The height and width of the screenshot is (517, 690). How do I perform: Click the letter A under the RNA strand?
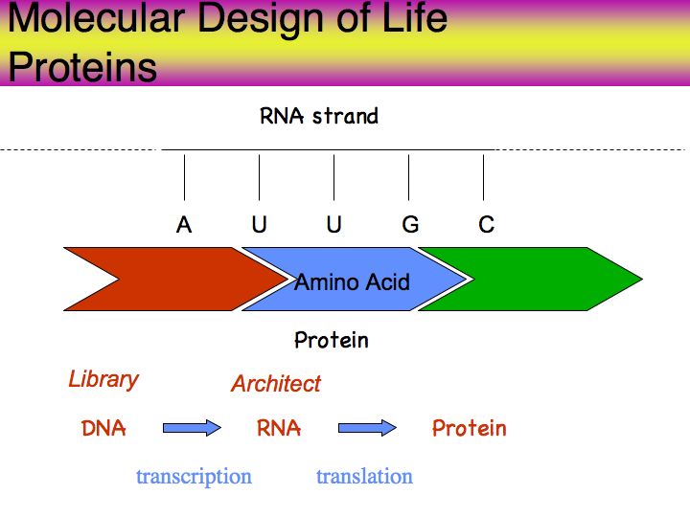click(x=184, y=225)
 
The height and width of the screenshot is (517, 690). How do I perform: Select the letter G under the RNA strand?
click(x=410, y=225)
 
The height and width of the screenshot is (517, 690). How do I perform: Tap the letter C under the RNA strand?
click(x=486, y=225)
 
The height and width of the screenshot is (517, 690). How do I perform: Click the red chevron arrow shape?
click(x=176, y=280)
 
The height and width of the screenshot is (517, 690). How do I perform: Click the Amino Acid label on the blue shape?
click(x=352, y=281)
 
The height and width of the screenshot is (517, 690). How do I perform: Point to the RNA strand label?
click(x=319, y=116)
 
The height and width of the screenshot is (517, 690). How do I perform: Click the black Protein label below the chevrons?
click(x=332, y=340)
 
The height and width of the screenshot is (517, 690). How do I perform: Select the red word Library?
click(x=103, y=380)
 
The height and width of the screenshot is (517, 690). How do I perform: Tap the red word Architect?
click(x=276, y=384)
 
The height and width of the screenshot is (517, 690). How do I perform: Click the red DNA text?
click(x=103, y=428)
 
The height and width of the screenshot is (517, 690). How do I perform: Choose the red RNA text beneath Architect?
click(x=279, y=428)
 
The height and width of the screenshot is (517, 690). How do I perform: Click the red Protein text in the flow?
click(x=470, y=428)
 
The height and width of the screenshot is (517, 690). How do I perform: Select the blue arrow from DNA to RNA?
click(x=192, y=428)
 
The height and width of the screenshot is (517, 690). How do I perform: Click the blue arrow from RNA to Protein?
click(x=367, y=428)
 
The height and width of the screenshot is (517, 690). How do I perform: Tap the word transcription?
click(x=194, y=477)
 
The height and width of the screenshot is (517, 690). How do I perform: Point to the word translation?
click(x=365, y=477)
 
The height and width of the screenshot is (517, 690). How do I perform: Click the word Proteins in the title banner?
click(x=82, y=67)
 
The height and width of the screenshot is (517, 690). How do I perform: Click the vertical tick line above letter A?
click(x=184, y=177)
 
